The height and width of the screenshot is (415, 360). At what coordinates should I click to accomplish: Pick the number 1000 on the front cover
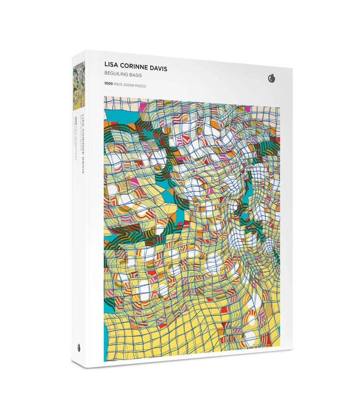109,84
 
